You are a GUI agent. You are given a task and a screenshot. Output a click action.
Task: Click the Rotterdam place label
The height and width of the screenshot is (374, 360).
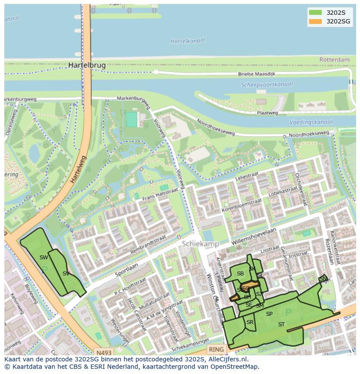(334, 60)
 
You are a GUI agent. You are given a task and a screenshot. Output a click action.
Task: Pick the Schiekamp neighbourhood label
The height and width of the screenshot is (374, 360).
(200, 244)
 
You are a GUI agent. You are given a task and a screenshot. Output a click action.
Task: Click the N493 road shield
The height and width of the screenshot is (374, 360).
(104, 353)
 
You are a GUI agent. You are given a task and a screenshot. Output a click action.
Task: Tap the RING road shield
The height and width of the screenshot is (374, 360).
(216, 349)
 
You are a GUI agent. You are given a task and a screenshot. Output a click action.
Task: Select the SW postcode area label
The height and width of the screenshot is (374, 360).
(43, 258)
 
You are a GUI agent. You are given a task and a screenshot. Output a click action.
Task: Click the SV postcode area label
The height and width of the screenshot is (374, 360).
(66, 274)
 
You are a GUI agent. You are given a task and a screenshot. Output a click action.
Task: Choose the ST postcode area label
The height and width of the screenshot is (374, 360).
(281, 324)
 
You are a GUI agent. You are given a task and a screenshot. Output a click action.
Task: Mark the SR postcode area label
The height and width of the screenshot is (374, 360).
(250, 322)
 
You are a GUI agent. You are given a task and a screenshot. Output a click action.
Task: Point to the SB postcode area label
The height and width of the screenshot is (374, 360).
(240, 274)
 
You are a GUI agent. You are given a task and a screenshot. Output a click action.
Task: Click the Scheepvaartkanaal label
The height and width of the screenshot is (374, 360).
(267, 85)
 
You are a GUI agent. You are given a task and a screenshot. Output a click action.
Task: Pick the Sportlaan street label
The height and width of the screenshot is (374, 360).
(127, 270)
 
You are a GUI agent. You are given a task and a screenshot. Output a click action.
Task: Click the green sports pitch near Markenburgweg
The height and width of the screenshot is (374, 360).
(131, 119)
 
